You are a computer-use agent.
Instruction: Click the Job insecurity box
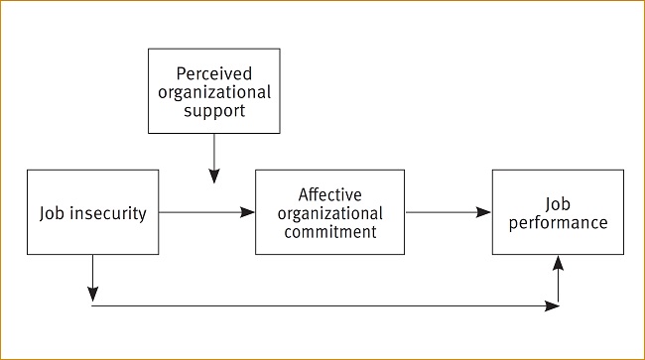[92, 212]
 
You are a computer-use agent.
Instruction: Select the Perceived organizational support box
[214, 91]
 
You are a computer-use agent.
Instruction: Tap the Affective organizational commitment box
[329, 212]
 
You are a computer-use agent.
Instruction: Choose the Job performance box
[558, 212]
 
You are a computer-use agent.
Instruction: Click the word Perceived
[214, 73]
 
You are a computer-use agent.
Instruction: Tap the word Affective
[329, 194]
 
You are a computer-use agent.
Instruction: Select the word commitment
[329, 232]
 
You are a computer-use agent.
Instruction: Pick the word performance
[558, 223]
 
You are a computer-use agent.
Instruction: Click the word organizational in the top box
[214, 91]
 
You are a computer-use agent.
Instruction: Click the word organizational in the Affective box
[329, 213]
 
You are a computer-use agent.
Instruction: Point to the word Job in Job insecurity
[53, 213]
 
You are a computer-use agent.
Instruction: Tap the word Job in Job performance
[558, 203]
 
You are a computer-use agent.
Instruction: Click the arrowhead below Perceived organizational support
[214, 176]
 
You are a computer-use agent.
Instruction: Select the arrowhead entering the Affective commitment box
[248, 212]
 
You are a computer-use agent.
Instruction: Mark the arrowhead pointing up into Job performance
[559, 262]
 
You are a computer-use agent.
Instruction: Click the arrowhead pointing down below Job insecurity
[92, 295]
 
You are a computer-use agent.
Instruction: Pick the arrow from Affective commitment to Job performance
[447, 212]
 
